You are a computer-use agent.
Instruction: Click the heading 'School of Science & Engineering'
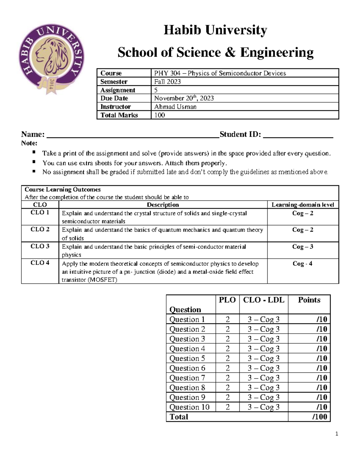point(215,52)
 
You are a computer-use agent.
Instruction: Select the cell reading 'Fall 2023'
point(167,82)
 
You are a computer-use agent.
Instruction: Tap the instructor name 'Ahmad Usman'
point(175,107)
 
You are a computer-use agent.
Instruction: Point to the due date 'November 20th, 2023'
point(184,98)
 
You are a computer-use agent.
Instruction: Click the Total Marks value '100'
point(160,115)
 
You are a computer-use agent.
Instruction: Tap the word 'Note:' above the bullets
point(29,143)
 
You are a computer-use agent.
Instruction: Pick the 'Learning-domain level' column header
point(303,205)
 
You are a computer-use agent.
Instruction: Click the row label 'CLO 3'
point(40,246)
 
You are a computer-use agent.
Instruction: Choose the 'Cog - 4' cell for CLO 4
point(302,263)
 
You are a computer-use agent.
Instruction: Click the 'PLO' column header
point(227,300)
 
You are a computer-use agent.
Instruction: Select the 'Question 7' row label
point(187,378)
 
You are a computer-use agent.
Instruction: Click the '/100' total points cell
point(319,417)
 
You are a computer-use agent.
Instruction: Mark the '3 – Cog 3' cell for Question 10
point(263,407)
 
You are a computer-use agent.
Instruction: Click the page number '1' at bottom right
point(337,434)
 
